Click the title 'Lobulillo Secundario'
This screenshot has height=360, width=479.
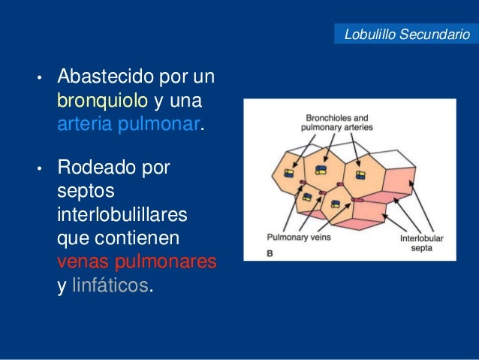(406, 35)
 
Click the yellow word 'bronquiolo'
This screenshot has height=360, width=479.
(102, 100)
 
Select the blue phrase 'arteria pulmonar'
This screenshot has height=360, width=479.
(128, 123)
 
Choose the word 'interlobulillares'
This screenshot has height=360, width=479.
(122, 216)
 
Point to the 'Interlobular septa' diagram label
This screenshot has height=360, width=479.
(421, 242)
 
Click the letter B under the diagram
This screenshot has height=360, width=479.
(270, 255)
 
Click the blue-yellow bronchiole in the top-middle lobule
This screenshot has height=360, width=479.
(322, 169)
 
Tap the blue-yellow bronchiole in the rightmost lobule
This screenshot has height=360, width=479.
(360, 175)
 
